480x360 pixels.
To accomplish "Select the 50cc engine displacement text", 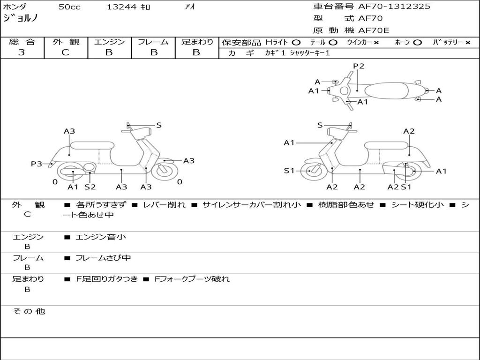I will point(69,7).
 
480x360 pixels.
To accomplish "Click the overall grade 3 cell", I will point(22,52).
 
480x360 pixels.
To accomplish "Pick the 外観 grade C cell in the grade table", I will point(66,52).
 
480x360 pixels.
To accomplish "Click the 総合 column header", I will point(22,42).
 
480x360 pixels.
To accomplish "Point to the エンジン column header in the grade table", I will point(109,42).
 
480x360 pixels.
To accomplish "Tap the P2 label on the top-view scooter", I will point(359,66).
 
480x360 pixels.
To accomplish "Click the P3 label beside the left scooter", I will point(37,164).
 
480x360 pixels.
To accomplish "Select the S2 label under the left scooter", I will point(90,187).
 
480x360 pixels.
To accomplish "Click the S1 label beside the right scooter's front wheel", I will point(289,171).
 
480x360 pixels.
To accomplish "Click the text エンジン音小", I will point(101,237).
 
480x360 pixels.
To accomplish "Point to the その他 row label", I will point(29,311).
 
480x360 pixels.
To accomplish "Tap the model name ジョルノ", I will point(21,18).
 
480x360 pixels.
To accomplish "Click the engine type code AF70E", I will point(374,30).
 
